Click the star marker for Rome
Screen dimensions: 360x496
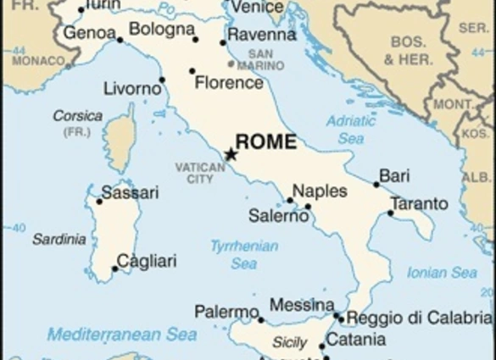click(x=230, y=154)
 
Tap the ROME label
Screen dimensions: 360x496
click(x=265, y=141)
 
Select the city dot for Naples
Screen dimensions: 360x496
click(x=290, y=201)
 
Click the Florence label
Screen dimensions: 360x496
click(x=229, y=83)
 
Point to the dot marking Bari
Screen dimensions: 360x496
click(x=376, y=184)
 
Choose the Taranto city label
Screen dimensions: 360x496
click(x=419, y=204)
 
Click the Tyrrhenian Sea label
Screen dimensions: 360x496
click(x=244, y=255)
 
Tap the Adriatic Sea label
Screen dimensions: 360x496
click(x=351, y=128)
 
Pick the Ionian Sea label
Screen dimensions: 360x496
click(x=442, y=273)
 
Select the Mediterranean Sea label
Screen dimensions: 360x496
click(x=122, y=334)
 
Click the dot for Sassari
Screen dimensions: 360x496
click(x=99, y=201)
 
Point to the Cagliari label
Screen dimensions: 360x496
click(x=147, y=261)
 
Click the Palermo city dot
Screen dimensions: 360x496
click(x=261, y=320)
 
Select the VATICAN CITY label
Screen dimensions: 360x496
click(x=200, y=173)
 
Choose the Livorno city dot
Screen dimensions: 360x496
click(x=162, y=80)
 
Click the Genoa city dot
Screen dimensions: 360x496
click(x=120, y=40)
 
